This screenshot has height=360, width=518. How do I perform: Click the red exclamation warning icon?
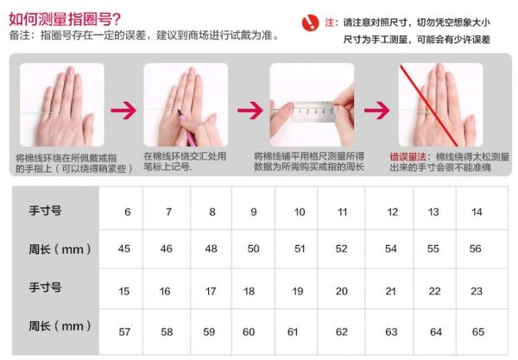[x=310, y=22]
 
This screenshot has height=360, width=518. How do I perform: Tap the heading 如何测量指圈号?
[x=65, y=19]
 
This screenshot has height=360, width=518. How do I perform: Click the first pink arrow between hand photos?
[x=123, y=110]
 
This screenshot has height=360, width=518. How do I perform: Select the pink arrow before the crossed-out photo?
[x=377, y=110]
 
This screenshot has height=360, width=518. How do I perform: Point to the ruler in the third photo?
[x=313, y=111]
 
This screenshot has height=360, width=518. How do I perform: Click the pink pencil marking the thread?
[x=186, y=128]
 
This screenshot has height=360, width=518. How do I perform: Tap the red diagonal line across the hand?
[x=429, y=105]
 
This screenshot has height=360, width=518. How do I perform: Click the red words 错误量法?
[x=407, y=156]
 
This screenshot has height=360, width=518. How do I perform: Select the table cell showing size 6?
[x=121, y=208]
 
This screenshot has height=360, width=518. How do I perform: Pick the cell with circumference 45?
[x=121, y=249]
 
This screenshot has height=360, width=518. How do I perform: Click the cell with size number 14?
[x=482, y=208]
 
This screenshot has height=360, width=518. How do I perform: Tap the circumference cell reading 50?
[x=253, y=249]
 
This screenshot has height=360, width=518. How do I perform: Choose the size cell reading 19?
[x=296, y=288]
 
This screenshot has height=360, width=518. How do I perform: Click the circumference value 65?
[x=482, y=332]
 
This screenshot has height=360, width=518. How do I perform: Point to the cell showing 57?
[x=121, y=332]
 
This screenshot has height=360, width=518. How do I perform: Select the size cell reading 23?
[x=482, y=288]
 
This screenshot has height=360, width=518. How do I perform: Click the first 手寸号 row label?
[x=45, y=210]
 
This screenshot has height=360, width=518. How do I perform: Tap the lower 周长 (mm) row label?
[x=60, y=326]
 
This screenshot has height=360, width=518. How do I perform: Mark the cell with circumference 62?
[x=341, y=332]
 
